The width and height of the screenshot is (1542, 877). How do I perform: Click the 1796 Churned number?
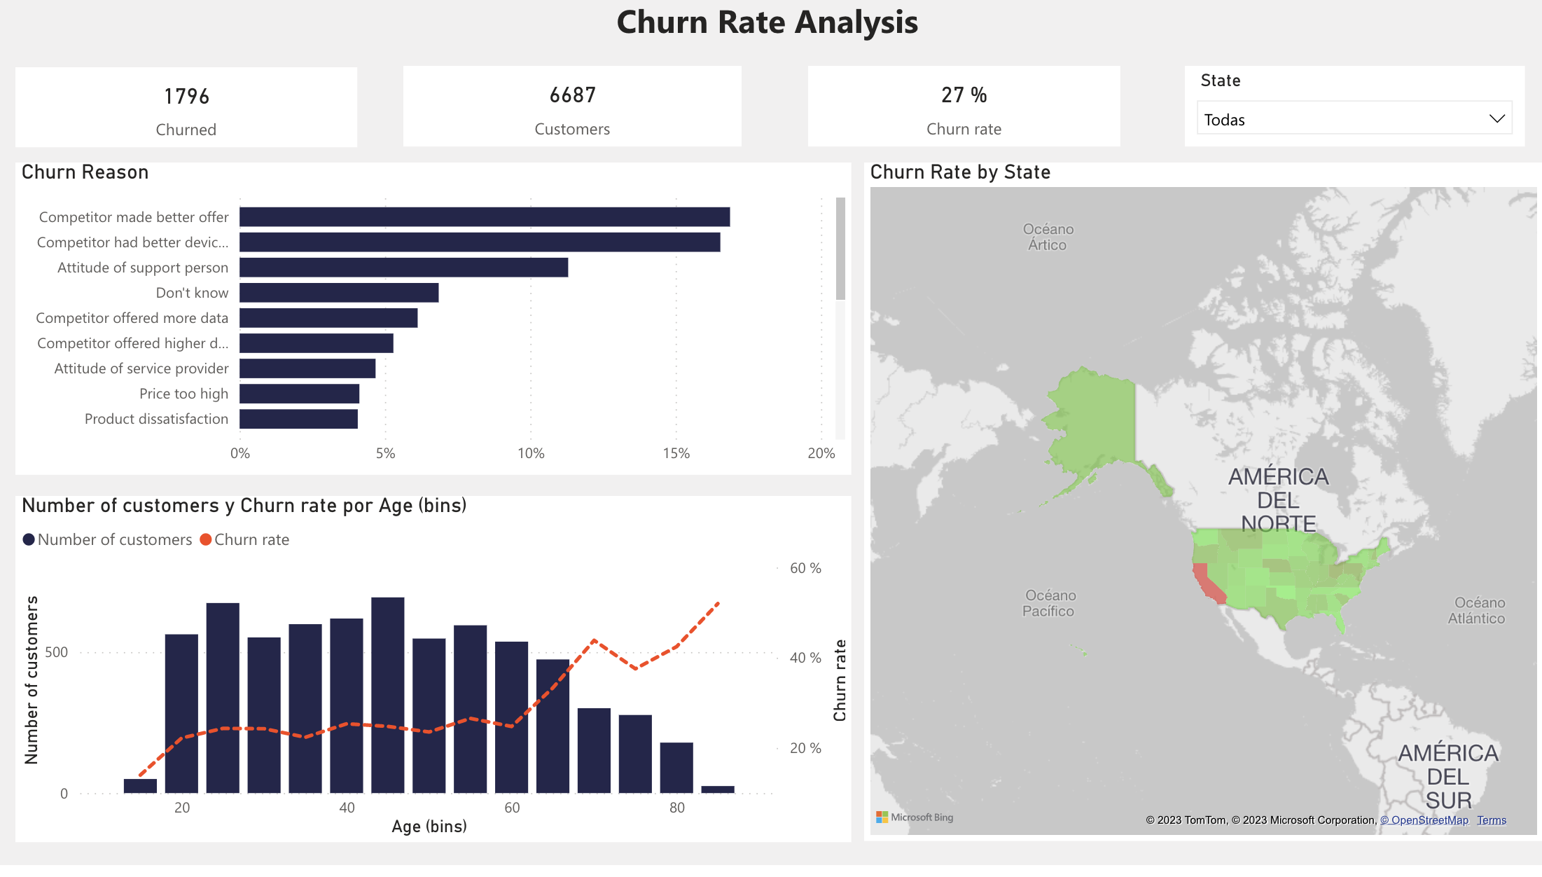186,97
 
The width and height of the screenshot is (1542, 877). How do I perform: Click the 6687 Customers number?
572,95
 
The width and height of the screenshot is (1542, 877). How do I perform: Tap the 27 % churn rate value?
964,95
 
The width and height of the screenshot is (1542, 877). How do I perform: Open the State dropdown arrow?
1496,119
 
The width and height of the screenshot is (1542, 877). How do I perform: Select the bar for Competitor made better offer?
485,217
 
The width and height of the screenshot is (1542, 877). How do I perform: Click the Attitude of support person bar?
403,268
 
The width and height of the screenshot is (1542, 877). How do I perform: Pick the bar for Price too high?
299,394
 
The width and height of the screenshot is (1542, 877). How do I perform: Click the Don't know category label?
192,293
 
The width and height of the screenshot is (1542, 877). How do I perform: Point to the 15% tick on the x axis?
676,453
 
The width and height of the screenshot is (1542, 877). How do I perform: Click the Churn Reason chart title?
85,172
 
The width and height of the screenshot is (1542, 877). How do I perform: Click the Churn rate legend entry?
245,539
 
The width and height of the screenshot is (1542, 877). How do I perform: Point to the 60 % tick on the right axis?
805,568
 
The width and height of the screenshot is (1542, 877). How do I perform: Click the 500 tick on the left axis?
56,652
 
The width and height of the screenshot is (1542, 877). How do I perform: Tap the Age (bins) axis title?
429,827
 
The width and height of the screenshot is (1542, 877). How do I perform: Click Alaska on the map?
1092,420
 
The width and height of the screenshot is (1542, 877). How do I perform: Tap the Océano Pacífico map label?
1049,603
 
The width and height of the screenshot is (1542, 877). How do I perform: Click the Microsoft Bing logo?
915,817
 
